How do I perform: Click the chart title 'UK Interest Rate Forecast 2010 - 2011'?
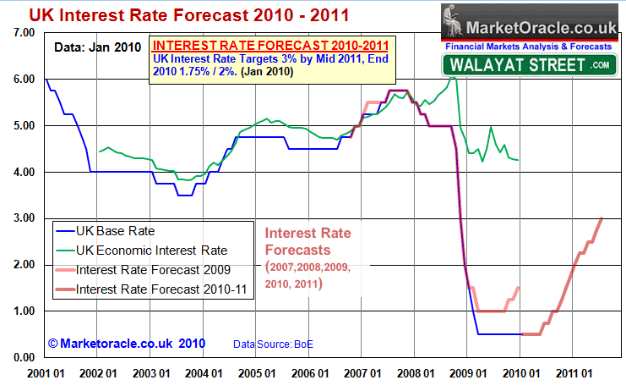tap(171, 15)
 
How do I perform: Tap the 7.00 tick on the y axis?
tap(22, 32)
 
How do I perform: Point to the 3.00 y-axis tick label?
tap(22, 218)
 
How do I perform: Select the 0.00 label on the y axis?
tap(22, 358)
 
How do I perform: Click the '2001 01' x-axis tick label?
tap(46, 372)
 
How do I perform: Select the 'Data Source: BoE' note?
tap(273, 344)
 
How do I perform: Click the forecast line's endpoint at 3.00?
tap(602, 218)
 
